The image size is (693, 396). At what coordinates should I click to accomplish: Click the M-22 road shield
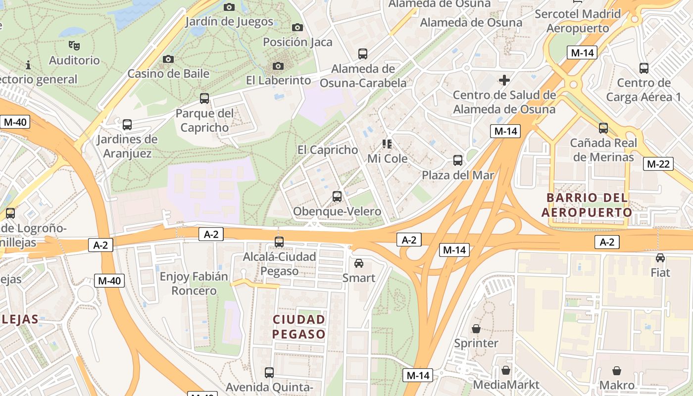[x=658, y=164]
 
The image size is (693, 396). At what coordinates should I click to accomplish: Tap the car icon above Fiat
[x=660, y=258]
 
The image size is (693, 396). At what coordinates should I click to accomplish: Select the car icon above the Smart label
[x=359, y=263]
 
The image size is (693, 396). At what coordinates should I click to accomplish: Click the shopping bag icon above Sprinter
[x=476, y=329]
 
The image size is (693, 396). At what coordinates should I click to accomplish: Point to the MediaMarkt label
[x=506, y=385]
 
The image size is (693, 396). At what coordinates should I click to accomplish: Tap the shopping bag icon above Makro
[x=617, y=371]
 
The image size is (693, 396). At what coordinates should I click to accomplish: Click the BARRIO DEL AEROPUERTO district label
[x=587, y=205]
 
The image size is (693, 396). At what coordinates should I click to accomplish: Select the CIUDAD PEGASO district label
[x=299, y=326]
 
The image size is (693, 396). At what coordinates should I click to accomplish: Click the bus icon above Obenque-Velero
[x=337, y=197]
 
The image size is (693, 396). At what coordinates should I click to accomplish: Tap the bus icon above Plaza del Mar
[x=458, y=160]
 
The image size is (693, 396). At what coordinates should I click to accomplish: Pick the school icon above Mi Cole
[x=387, y=144]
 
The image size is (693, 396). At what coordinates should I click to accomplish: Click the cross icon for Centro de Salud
[x=504, y=80]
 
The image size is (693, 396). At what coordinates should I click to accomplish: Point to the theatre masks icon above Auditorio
[x=74, y=46]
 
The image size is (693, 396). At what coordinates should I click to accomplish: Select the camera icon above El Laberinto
[x=278, y=66]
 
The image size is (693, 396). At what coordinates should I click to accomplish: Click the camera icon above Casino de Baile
[x=168, y=59]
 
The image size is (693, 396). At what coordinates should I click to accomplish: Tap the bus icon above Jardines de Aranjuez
[x=127, y=125]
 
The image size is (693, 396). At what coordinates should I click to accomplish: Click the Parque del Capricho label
[x=204, y=120]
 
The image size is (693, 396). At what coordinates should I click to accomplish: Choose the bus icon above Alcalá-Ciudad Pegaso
[x=279, y=242]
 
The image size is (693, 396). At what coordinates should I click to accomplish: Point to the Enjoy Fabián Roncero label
[x=194, y=283]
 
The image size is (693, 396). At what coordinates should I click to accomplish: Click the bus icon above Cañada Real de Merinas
[x=603, y=128]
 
